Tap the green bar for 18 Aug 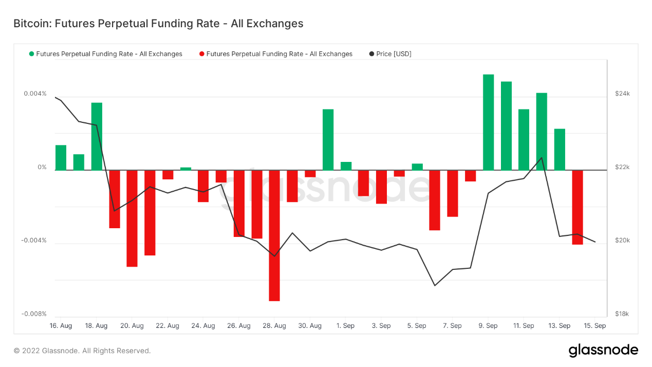(97, 136)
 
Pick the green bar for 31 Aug (328, 139)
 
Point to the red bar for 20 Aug (132, 218)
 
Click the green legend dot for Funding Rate (32, 54)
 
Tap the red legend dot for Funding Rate (202, 54)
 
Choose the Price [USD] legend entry (390, 54)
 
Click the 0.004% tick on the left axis (35, 94)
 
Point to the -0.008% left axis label (34, 314)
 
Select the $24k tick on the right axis (622, 94)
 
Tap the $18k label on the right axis (622, 314)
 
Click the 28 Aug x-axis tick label (274, 326)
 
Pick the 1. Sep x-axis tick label (345, 326)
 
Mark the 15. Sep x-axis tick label (595, 326)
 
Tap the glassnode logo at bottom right (603, 351)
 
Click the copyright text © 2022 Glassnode (82, 351)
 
